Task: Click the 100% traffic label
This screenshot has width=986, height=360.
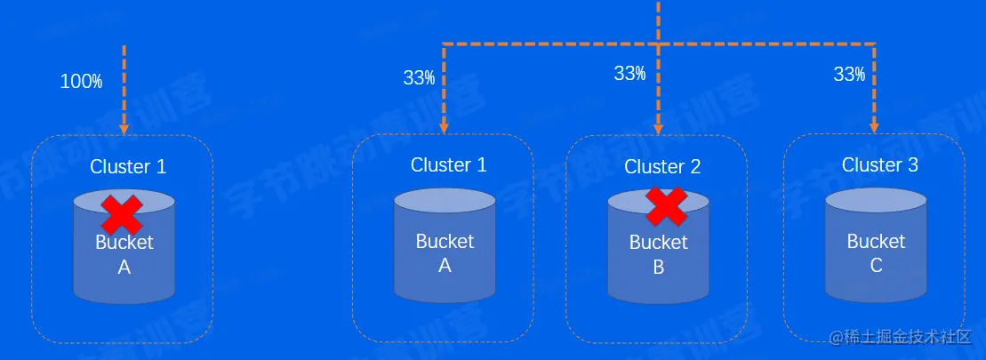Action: pos(81,82)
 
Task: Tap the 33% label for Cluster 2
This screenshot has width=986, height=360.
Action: pos(629,74)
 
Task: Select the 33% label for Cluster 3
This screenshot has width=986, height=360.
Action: pos(849,75)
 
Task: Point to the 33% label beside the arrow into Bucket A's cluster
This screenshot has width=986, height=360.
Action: pos(419,77)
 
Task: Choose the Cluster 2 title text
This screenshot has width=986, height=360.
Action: pos(662,166)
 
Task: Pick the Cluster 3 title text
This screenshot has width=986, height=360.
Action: pos(880,164)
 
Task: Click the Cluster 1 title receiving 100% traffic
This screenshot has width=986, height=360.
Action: pos(128,166)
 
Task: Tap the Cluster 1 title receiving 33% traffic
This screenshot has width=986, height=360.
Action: pos(449,164)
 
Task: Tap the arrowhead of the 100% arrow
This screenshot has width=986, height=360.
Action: pos(124,128)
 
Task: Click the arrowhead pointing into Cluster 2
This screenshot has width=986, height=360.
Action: pos(658,128)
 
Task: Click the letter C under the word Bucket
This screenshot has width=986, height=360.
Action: pos(877,265)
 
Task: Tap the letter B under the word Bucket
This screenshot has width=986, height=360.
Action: pos(659,267)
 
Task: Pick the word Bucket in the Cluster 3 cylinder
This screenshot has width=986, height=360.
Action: pos(876,241)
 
